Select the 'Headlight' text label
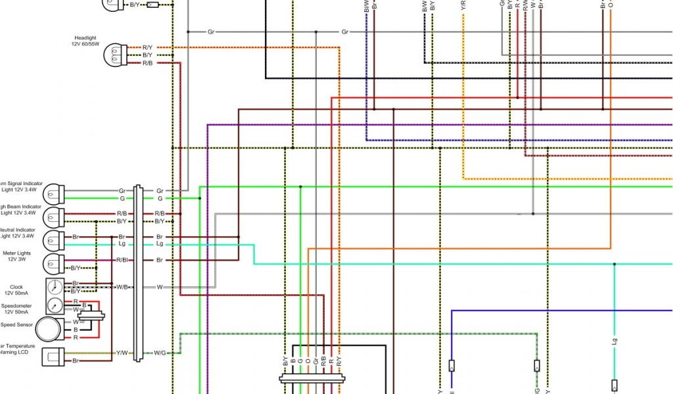(85, 37)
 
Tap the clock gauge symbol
(55, 286)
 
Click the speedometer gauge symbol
(55, 305)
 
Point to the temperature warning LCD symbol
(53, 357)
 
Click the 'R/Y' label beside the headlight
(147, 47)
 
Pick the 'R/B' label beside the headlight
(147, 63)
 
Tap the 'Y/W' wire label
(122, 353)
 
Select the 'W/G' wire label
(160, 353)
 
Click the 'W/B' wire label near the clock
(122, 287)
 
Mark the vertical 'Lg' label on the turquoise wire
(615, 341)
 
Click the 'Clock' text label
(16, 287)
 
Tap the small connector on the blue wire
(452, 366)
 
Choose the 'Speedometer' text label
(16, 306)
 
